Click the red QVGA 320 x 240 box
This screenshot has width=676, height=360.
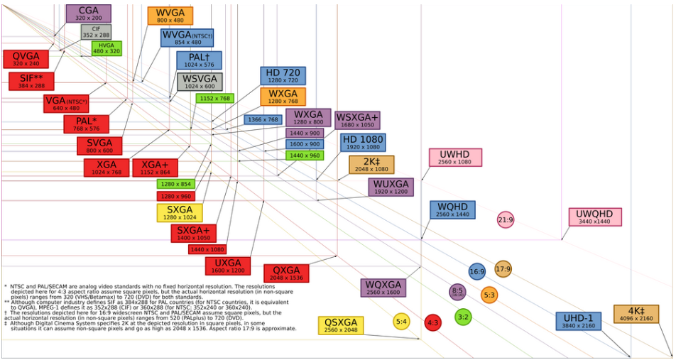coord(26,59)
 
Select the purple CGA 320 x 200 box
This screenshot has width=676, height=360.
coord(88,13)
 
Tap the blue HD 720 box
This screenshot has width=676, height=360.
coord(283,76)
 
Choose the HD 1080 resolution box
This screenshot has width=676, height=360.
coord(363,143)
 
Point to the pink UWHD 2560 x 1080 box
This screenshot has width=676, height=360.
coord(455,158)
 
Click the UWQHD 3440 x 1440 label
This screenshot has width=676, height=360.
coord(595,217)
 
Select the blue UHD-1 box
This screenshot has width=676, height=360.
coord(578,321)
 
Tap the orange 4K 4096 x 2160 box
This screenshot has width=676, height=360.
coord(636,315)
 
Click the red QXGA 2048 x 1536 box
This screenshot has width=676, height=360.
coord(286,273)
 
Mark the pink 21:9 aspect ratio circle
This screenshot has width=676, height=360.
coord(506,220)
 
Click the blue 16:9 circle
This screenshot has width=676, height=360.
coord(477,271)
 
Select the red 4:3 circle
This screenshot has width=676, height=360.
coord(432,323)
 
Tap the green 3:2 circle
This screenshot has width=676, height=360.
coord(463,317)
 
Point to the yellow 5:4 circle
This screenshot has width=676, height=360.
coord(401,322)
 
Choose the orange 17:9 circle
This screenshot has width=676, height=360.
coord(503,269)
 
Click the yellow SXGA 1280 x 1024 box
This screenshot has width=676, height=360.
coord(180,213)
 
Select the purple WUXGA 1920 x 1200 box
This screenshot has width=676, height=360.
coord(391,187)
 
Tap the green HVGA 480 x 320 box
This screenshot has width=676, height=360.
coord(107,48)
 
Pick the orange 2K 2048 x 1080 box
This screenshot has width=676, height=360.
coord(371,165)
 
